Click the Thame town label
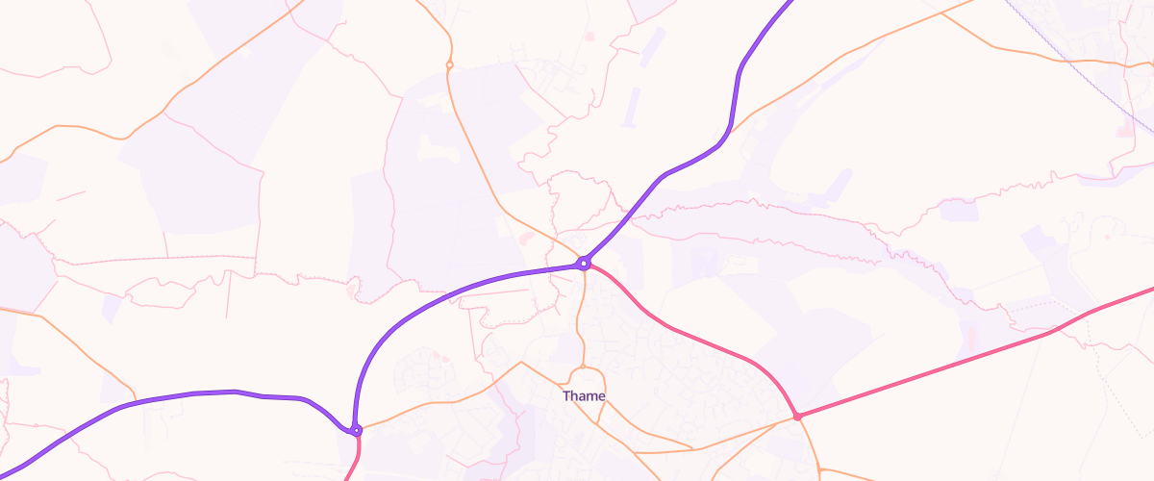(584, 396)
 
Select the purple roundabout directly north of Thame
(583, 263)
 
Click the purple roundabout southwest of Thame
(356, 430)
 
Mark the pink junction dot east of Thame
(797, 416)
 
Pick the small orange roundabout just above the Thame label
(582, 367)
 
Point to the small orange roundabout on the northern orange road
(449, 64)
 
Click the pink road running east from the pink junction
(962, 359)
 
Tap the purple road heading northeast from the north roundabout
(673, 171)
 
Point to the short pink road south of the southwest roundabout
(356, 457)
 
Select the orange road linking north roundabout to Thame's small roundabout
(579, 317)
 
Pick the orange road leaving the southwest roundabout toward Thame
(433, 404)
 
